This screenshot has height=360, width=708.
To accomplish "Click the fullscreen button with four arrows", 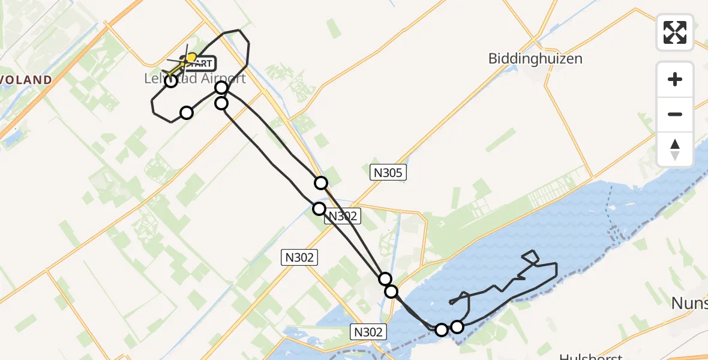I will coord(675,32).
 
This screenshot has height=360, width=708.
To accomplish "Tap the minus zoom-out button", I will coord(675,114).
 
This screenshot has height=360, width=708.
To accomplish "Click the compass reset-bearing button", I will coord(675,149).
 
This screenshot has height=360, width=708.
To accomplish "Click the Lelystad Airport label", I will coord(195,79).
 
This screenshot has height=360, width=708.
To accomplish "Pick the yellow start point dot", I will coord(192,57).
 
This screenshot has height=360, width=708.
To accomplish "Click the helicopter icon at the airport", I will coord(179,64).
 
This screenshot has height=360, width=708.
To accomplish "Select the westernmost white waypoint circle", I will coord(171,81).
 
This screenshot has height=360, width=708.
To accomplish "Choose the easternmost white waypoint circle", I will coord(457,326).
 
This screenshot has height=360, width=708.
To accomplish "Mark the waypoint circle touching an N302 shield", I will coord(319,208).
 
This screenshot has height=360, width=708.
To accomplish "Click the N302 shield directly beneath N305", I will coord(344,217).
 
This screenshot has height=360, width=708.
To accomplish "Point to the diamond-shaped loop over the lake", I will coord(531,257).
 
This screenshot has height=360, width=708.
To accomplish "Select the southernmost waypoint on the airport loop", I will coord(187,113).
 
